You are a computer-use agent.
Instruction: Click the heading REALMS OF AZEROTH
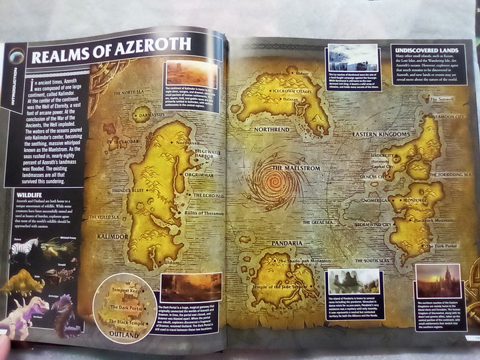click(x=111, y=53)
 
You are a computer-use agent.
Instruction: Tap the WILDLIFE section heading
click(x=32, y=195)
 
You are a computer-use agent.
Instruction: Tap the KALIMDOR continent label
click(x=108, y=237)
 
